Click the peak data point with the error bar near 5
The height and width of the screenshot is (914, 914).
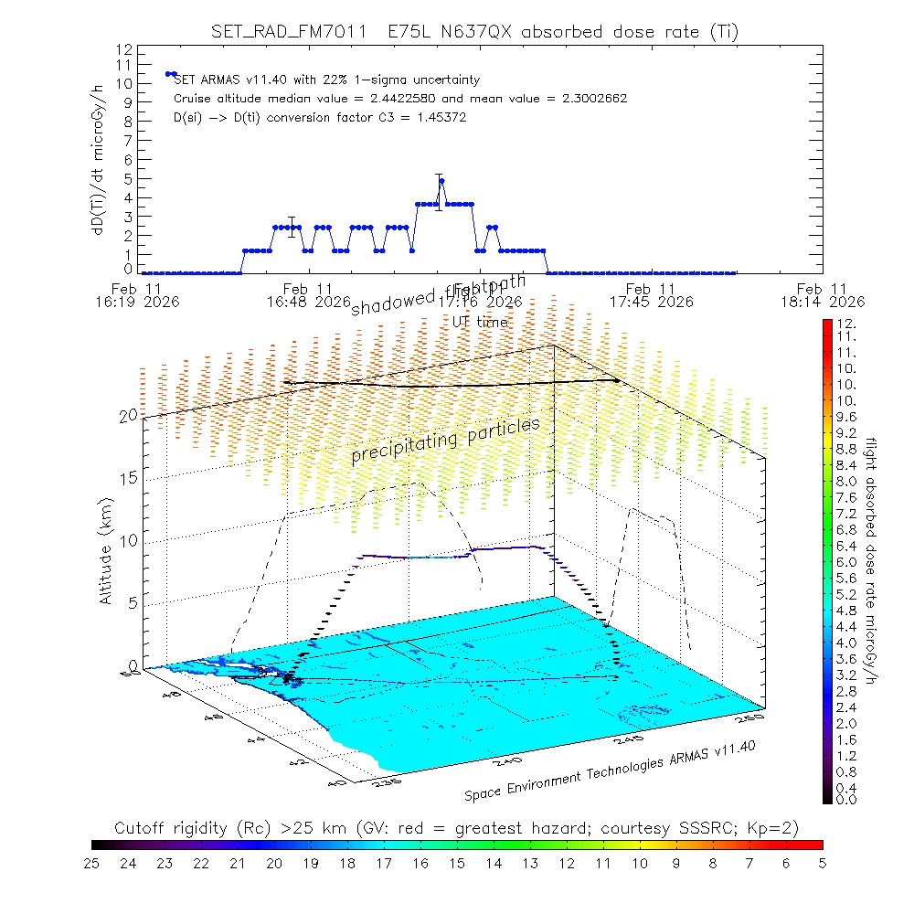click(x=441, y=181)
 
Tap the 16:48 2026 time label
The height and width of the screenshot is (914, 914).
click(x=308, y=301)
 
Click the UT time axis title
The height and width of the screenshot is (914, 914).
click(x=480, y=322)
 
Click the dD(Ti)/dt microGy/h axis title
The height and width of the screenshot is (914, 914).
click(x=96, y=157)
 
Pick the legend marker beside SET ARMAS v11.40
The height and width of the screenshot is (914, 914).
click(x=170, y=74)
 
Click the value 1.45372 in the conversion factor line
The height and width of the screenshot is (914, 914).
click(x=440, y=118)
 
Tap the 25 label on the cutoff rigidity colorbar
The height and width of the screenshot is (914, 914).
click(x=92, y=862)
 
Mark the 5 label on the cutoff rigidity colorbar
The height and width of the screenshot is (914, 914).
click(x=822, y=862)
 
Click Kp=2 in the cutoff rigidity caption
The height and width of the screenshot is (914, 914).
click(x=771, y=828)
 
